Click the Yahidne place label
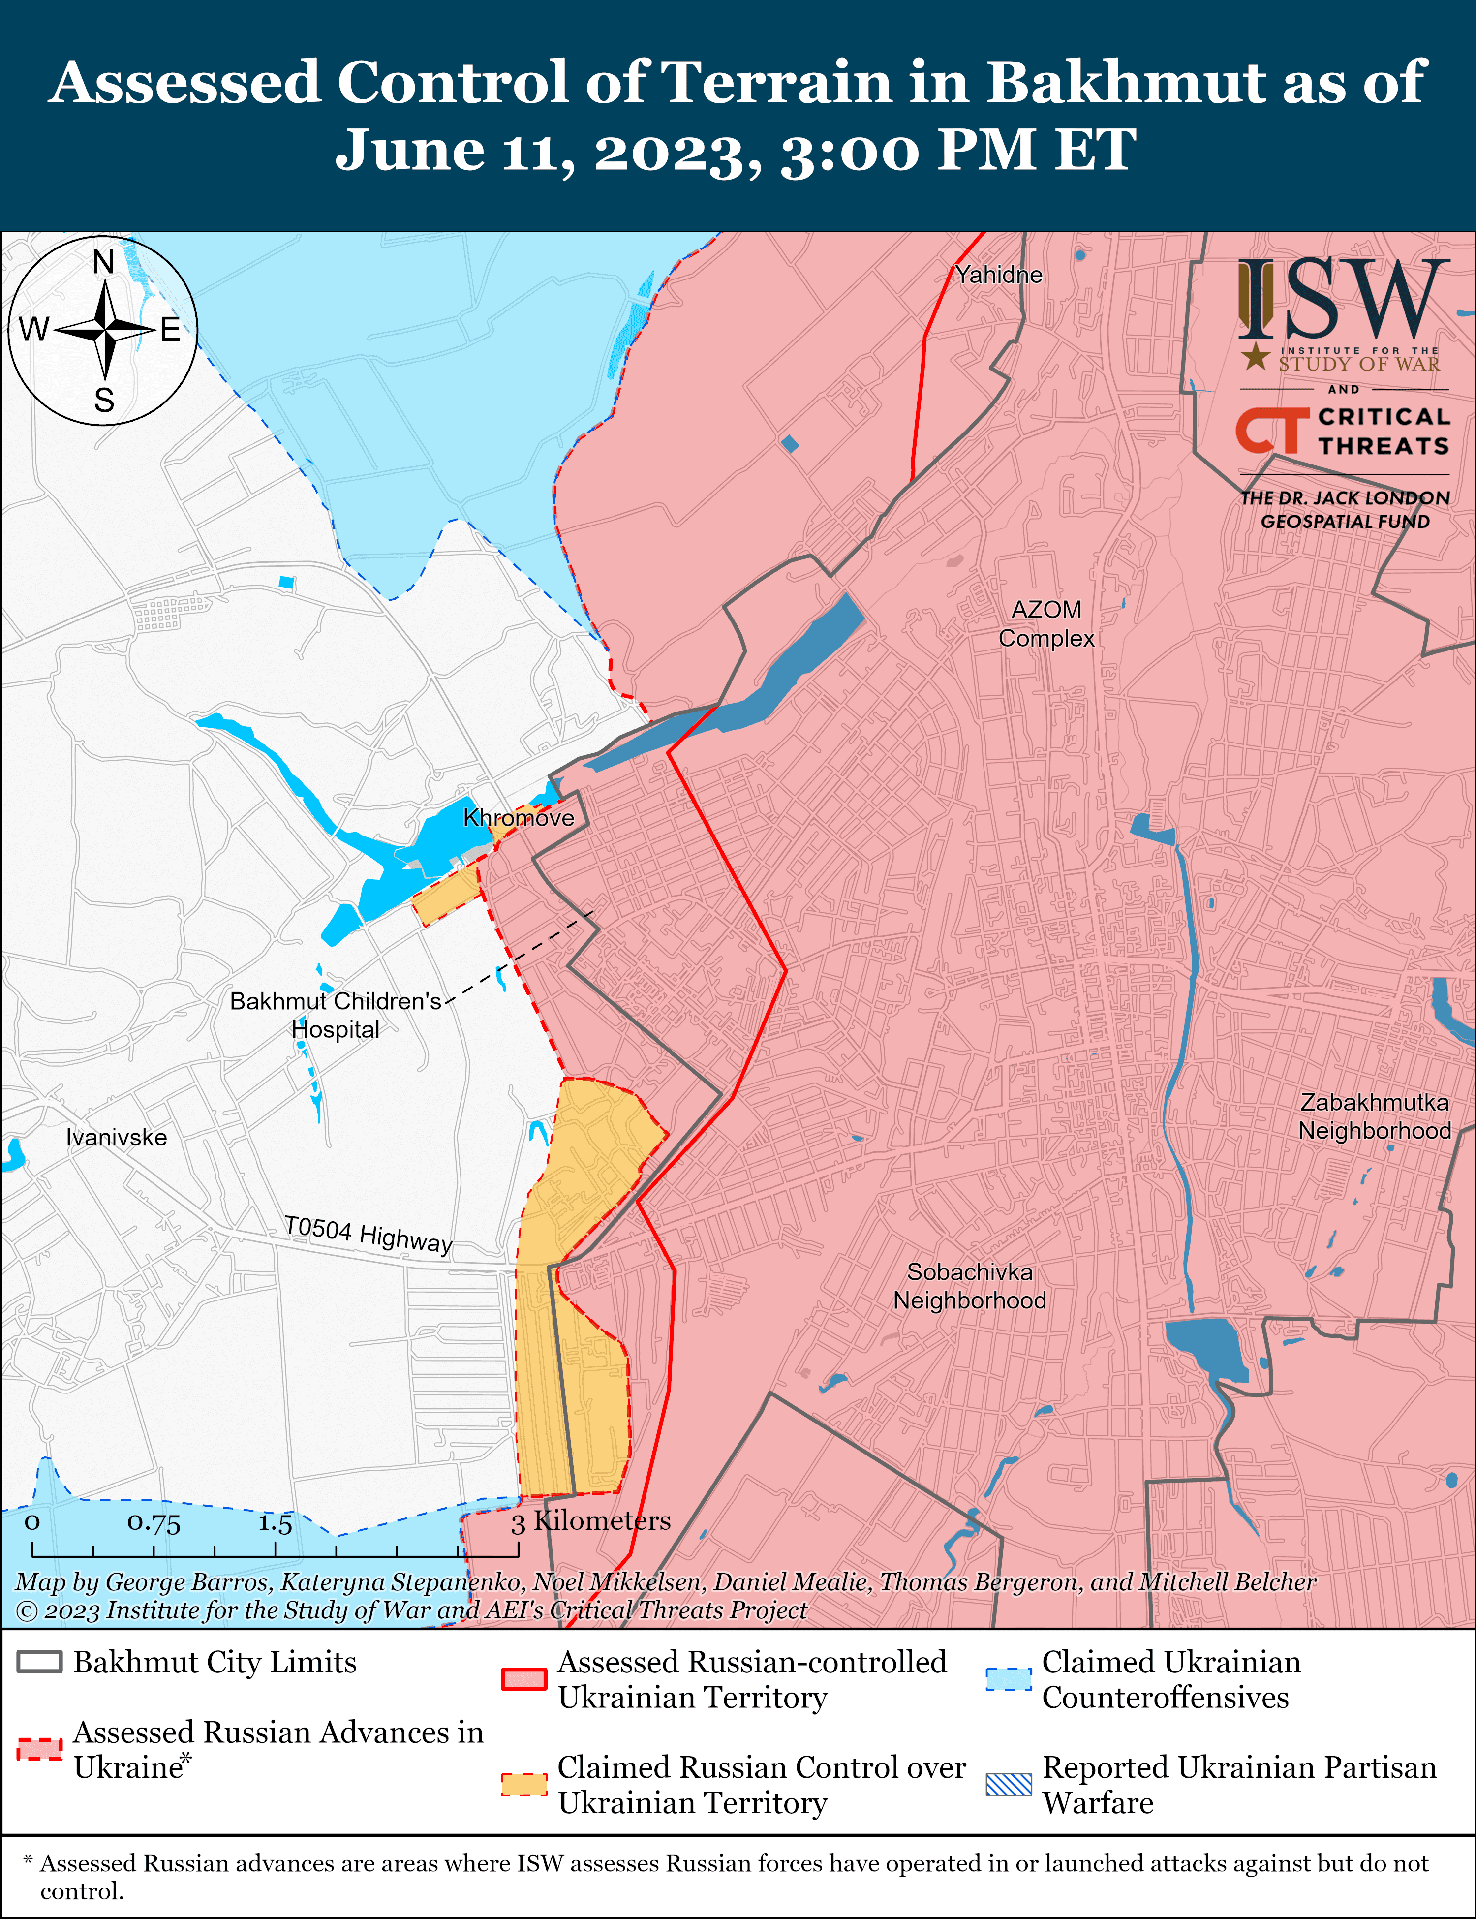999,275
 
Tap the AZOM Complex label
1046,624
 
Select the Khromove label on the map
519,818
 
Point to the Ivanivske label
116,1138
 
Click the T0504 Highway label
368,1234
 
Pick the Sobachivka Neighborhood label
970,1286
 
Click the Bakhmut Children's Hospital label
336,1015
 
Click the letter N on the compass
104,262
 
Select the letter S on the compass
104,401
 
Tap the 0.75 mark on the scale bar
154,1523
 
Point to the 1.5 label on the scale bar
275,1523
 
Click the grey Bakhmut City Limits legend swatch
39,1662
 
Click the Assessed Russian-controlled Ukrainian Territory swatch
523,1678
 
